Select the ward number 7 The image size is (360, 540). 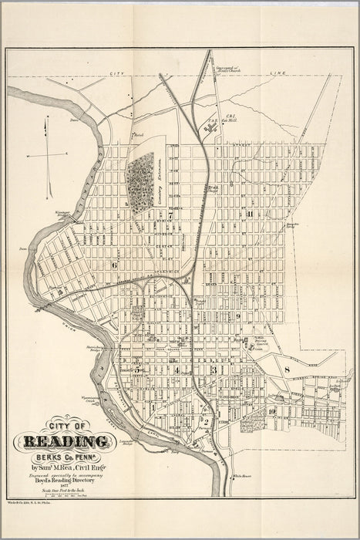pyautogui.click(x=170, y=216)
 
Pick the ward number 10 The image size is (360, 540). pyautogui.click(x=273, y=410)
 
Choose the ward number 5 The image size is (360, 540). pyautogui.click(x=138, y=370)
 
